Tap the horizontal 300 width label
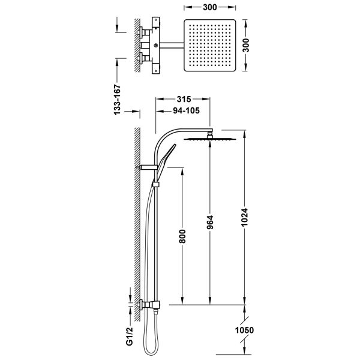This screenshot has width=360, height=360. click(x=209, y=7)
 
